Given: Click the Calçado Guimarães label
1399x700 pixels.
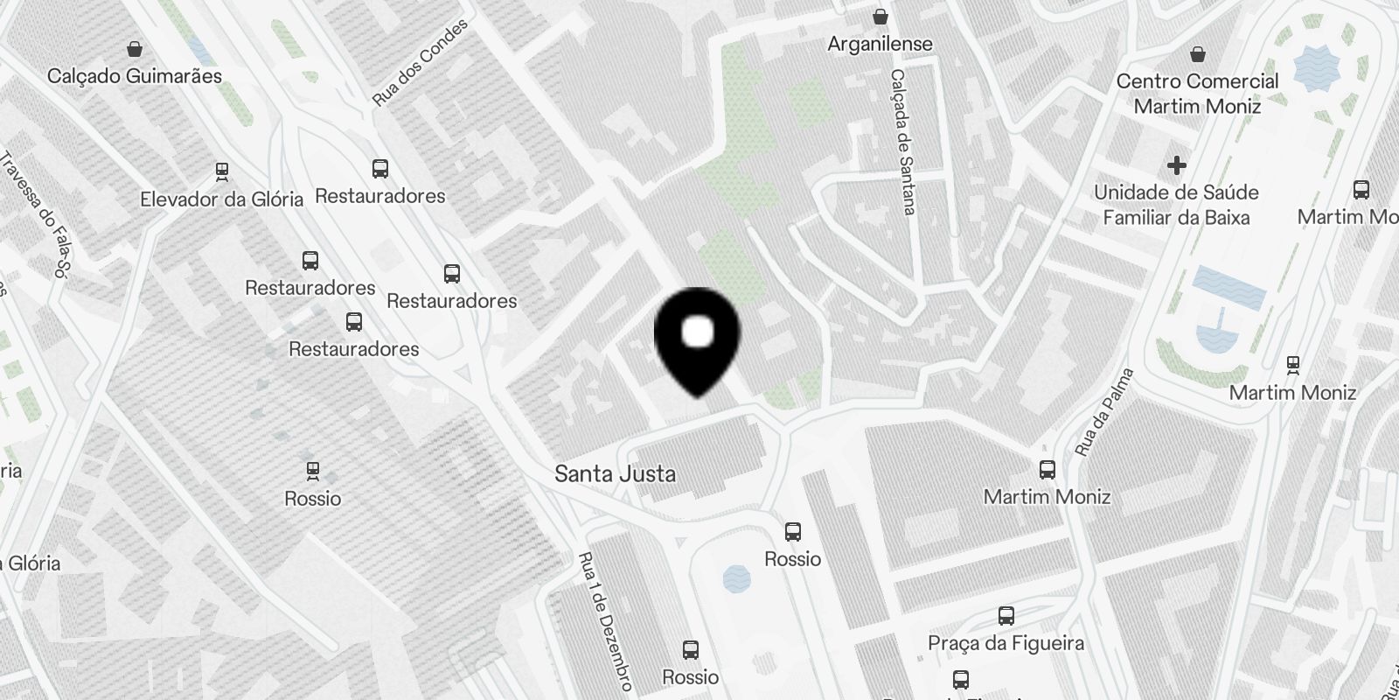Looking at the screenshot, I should pos(135,76).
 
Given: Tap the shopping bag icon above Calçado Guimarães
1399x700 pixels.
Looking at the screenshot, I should pos(135,48).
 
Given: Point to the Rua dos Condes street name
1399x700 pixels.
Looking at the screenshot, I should pos(420,62).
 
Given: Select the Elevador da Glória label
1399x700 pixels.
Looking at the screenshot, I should pos(221,199).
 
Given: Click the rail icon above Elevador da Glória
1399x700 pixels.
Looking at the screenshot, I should pos(222,171).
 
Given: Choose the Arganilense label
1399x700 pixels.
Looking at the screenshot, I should pos(880,44).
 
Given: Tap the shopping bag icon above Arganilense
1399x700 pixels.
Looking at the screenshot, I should pos(880,17).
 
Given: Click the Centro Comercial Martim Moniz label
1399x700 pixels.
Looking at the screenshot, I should pos(1197,94).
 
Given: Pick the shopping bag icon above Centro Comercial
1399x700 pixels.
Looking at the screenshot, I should pos(1198,54).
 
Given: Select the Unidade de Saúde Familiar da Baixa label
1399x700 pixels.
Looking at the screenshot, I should pos(1176,205).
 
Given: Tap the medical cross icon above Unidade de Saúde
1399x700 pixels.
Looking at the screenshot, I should pos(1177,164).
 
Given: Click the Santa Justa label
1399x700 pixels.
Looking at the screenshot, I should pos(616,474).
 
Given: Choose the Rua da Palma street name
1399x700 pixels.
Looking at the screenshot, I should pos(1104,411).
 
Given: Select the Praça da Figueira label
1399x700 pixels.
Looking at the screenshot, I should pos(1006,643).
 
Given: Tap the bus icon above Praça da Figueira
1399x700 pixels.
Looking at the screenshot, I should pos(1006,616).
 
